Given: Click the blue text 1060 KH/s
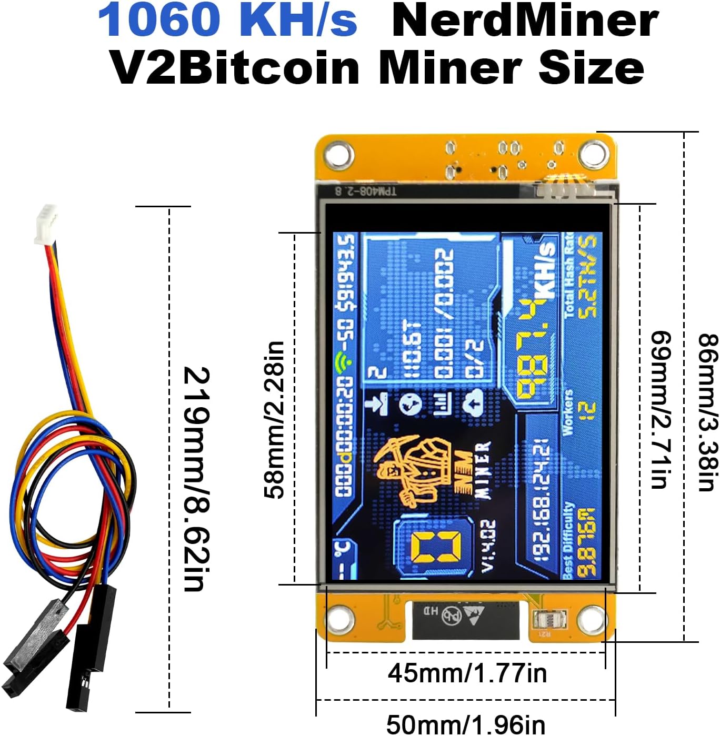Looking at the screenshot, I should click(227, 20).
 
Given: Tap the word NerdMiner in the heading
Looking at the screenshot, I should click(525, 20).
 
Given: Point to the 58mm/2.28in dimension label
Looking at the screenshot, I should click(274, 419).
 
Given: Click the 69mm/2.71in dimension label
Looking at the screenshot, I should click(661, 409).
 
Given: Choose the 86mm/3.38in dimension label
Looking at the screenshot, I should click(707, 412).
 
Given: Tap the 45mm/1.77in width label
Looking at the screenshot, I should click(467, 673).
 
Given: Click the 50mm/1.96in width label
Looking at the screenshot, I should click(465, 724).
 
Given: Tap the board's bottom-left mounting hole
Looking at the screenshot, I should click(339, 616).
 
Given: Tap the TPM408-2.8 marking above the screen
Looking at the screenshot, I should click(366, 190).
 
